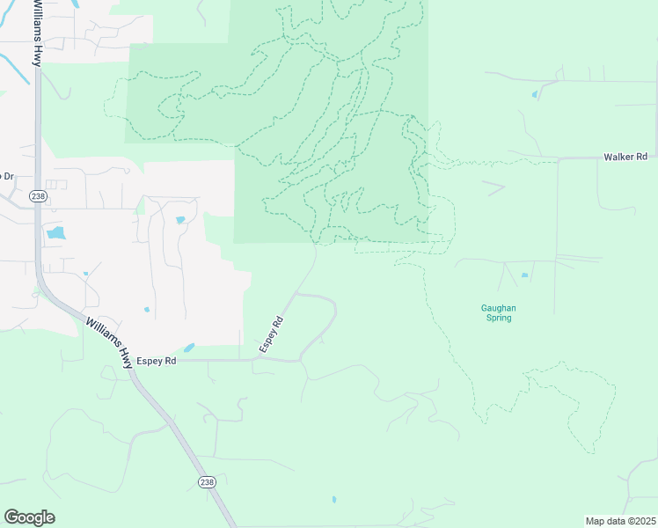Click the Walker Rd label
coord(625,157)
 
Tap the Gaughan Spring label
coord(498,312)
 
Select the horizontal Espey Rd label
coord(157,361)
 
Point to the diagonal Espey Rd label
coord(271,335)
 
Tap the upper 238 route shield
coord(36,195)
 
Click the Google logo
coord(29,517)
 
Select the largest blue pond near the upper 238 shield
coord(55,233)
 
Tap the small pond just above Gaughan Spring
coord(524,275)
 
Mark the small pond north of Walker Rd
coord(534,93)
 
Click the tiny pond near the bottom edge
coord(333,500)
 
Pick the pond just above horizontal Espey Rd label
coord(189,348)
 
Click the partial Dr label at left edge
coord(7,176)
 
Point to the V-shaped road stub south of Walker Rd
coord(494,187)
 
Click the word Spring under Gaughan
coord(498,318)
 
